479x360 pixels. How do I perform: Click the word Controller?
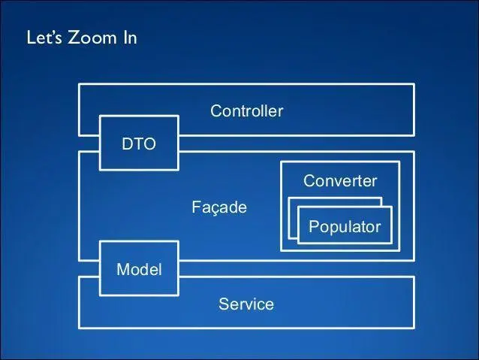pos(246,111)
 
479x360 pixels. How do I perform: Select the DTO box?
pos(139,144)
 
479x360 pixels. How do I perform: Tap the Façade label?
pos(218,207)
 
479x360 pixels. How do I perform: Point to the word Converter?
pos(339,181)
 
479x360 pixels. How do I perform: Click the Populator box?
pos(345,226)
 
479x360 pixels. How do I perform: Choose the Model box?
pos(139,268)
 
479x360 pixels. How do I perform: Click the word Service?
pos(246,304)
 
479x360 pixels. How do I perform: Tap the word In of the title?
pos(128,38)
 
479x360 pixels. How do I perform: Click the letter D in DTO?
pos(127,144)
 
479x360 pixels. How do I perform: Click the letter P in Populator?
pos(314,226)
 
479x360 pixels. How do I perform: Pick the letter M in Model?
pos(122,269)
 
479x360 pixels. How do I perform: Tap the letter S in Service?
pos(223,304)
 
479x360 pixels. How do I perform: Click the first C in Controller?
pos(216,111)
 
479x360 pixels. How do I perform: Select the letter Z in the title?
pos(75,38)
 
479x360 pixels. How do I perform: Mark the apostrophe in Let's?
pos(52,34)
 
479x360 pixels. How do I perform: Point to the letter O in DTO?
pos(149,144)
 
